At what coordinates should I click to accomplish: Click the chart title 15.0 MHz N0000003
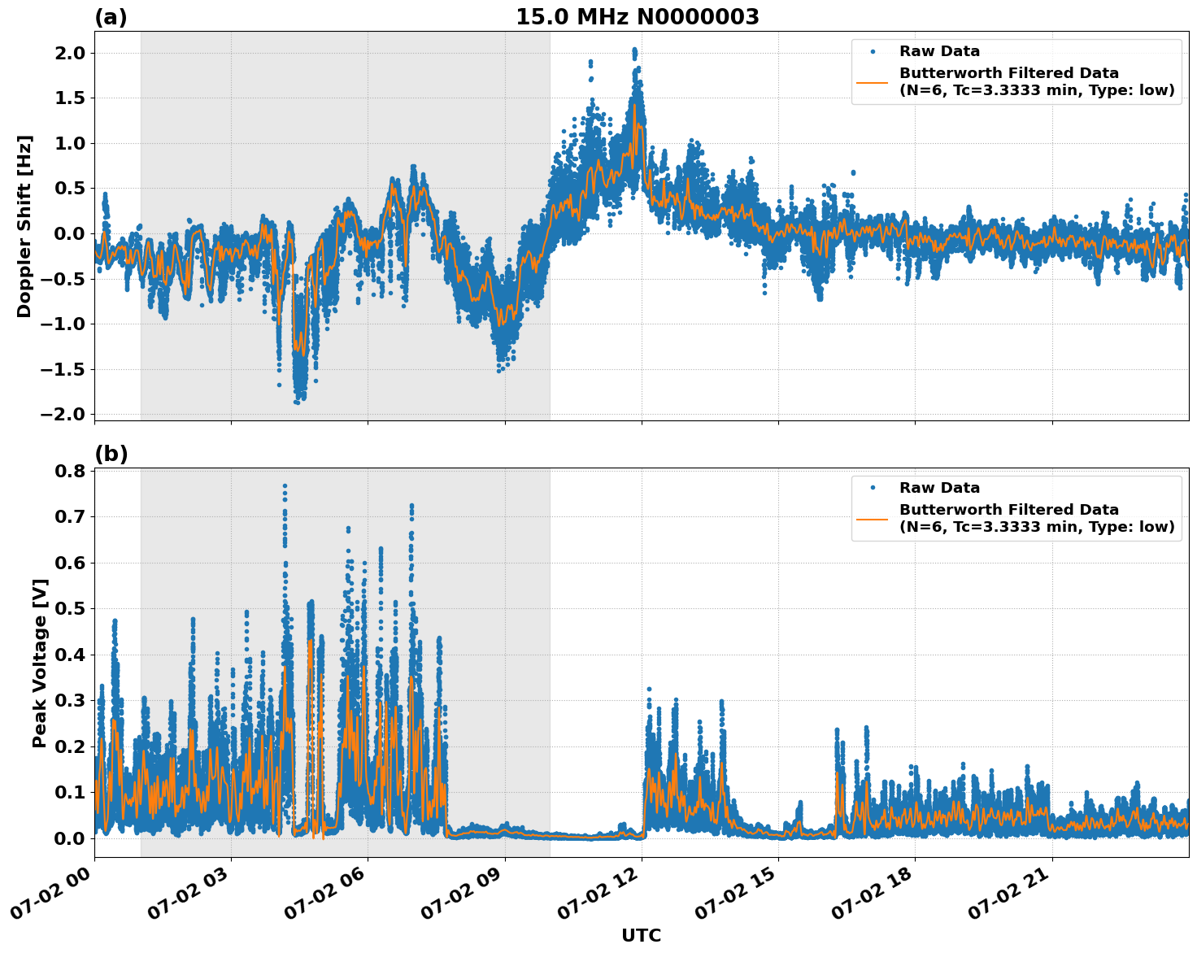[x=637, y=17]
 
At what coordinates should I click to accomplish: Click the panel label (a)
[x=111, y=17]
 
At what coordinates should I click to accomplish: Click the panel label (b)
[x=111, y=454]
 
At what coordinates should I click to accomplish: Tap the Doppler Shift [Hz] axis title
[x=24, y=226]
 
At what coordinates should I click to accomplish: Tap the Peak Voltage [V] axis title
[x=39, y=663]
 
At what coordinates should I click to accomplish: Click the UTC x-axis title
[x=641, y=935]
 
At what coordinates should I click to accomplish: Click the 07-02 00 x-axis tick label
[x=52, y=897]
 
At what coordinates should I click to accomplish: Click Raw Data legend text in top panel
[x=939, y=52]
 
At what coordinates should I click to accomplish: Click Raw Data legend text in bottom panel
[x=939, y=488]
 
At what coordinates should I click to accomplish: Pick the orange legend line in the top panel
[x=873, y=81]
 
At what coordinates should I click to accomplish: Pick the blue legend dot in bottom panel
[x=873, y=488]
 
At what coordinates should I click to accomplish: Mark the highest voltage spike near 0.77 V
[x=285, y=486]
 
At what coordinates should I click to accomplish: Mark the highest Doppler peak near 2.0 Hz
[x=634, y=50]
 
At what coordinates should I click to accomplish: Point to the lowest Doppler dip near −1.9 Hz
[x=297, y=401]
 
